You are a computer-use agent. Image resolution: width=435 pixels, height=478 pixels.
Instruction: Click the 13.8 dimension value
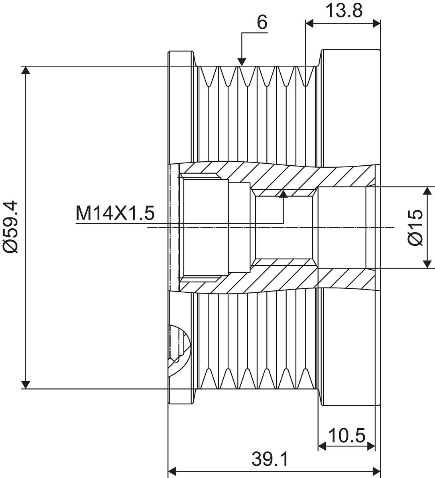tap(344, 10)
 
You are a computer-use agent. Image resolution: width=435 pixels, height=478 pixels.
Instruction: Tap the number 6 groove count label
tap(262, 23)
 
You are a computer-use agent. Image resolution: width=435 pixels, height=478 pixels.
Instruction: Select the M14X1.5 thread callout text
tap(115, 213)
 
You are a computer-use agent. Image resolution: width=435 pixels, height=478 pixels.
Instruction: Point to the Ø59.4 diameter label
tap(11, 227)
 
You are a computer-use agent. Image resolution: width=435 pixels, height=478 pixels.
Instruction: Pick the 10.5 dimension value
tap(347, 435)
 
